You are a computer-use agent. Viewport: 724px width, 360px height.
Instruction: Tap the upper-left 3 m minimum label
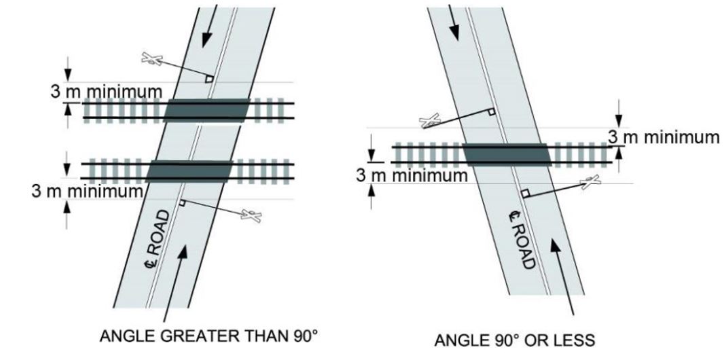click(107, 92)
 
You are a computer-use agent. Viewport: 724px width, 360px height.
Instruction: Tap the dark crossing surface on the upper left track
click(206, 110)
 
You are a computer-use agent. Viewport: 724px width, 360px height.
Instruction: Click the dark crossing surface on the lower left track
click(189, 170)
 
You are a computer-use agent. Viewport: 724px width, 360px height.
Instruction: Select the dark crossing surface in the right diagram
click(506, 155)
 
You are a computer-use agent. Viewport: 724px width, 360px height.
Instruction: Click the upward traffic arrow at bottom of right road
click(563, 275)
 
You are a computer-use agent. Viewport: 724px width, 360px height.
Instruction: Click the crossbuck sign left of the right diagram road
click(431, 122)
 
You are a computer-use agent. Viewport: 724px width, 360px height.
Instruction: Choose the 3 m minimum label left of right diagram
click(413, 175)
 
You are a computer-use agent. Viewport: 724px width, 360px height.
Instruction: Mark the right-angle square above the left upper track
click(209, 79)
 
